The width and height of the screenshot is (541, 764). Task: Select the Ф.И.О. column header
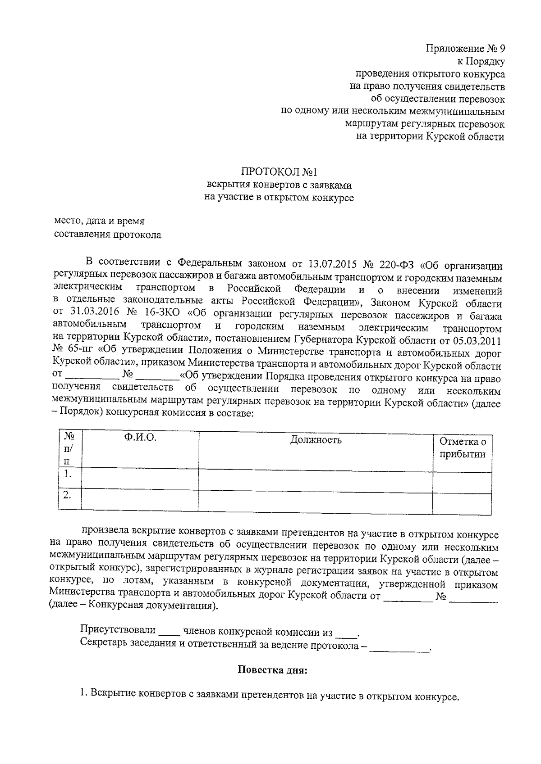click(140, 438)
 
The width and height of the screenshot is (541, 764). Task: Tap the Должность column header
click(316, 440)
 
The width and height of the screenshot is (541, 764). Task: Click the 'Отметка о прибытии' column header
click(463, 448)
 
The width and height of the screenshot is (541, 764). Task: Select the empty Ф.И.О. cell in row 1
click(140, 478)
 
